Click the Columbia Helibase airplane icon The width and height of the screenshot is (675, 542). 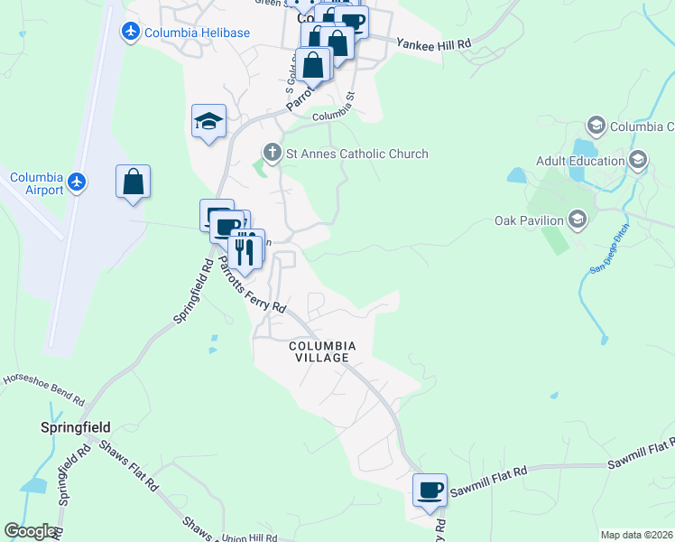pyautogui.click(x=132, y=33)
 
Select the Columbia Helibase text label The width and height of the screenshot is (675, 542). pyautogui.click(x=198, y=33)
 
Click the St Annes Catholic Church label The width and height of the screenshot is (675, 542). pyautogui.click(x=356, y=154)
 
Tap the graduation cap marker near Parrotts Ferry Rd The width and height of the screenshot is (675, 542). pyautogui.click(x=208, y=122)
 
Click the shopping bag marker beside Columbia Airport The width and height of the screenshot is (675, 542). pyautogui.click(x=133, y=182)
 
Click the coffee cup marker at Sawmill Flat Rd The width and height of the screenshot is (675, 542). pyautogui.click(x=430, y=491)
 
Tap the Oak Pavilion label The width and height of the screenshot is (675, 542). pyautogui.click(x=529, y=220)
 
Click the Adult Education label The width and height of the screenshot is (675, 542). pyautogui.click(x=580, y=161)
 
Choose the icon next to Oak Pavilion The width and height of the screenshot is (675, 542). pyautogui.click(x=578, y=220)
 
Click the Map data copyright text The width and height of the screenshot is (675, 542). pyautogui.click(x=635, y=535)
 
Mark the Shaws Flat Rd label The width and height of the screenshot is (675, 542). pyautogui.click(x=128, y=467)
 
